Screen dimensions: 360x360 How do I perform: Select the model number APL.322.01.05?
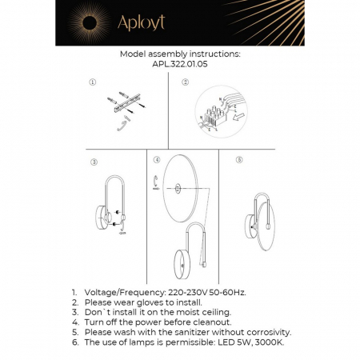point(179,67)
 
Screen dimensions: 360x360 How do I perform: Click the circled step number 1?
point(93,82)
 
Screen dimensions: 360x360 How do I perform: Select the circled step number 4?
point(157,160)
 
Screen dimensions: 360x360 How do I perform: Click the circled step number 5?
point(239,160)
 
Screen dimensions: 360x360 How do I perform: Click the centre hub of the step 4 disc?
point(175,190)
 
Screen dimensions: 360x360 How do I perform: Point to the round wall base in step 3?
point(100,217)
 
